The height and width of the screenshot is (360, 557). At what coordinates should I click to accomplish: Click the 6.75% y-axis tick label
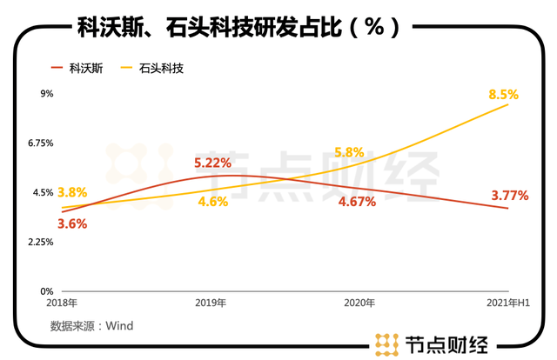coord(41,143)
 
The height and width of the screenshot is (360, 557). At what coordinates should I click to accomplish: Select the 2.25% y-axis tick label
coord(41,242)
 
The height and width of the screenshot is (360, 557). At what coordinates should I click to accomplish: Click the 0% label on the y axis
coord(47,291)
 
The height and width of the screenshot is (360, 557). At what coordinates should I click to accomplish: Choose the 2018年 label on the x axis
coord(63,303)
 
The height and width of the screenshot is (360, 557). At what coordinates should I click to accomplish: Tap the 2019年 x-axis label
coord(211,303)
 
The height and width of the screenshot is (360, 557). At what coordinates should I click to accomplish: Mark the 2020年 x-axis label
coord(360,303)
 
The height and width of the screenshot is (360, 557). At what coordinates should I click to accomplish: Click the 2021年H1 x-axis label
coord(506,303)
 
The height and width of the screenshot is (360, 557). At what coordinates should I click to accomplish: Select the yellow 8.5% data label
coord(503,94)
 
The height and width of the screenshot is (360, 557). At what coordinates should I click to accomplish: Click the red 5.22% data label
coord(212,163)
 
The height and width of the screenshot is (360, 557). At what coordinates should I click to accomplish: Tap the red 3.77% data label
coord(509,196)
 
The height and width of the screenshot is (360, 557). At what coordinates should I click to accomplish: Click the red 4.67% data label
coord(356,202)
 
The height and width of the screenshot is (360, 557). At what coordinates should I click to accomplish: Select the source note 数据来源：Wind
coord(91,326)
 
